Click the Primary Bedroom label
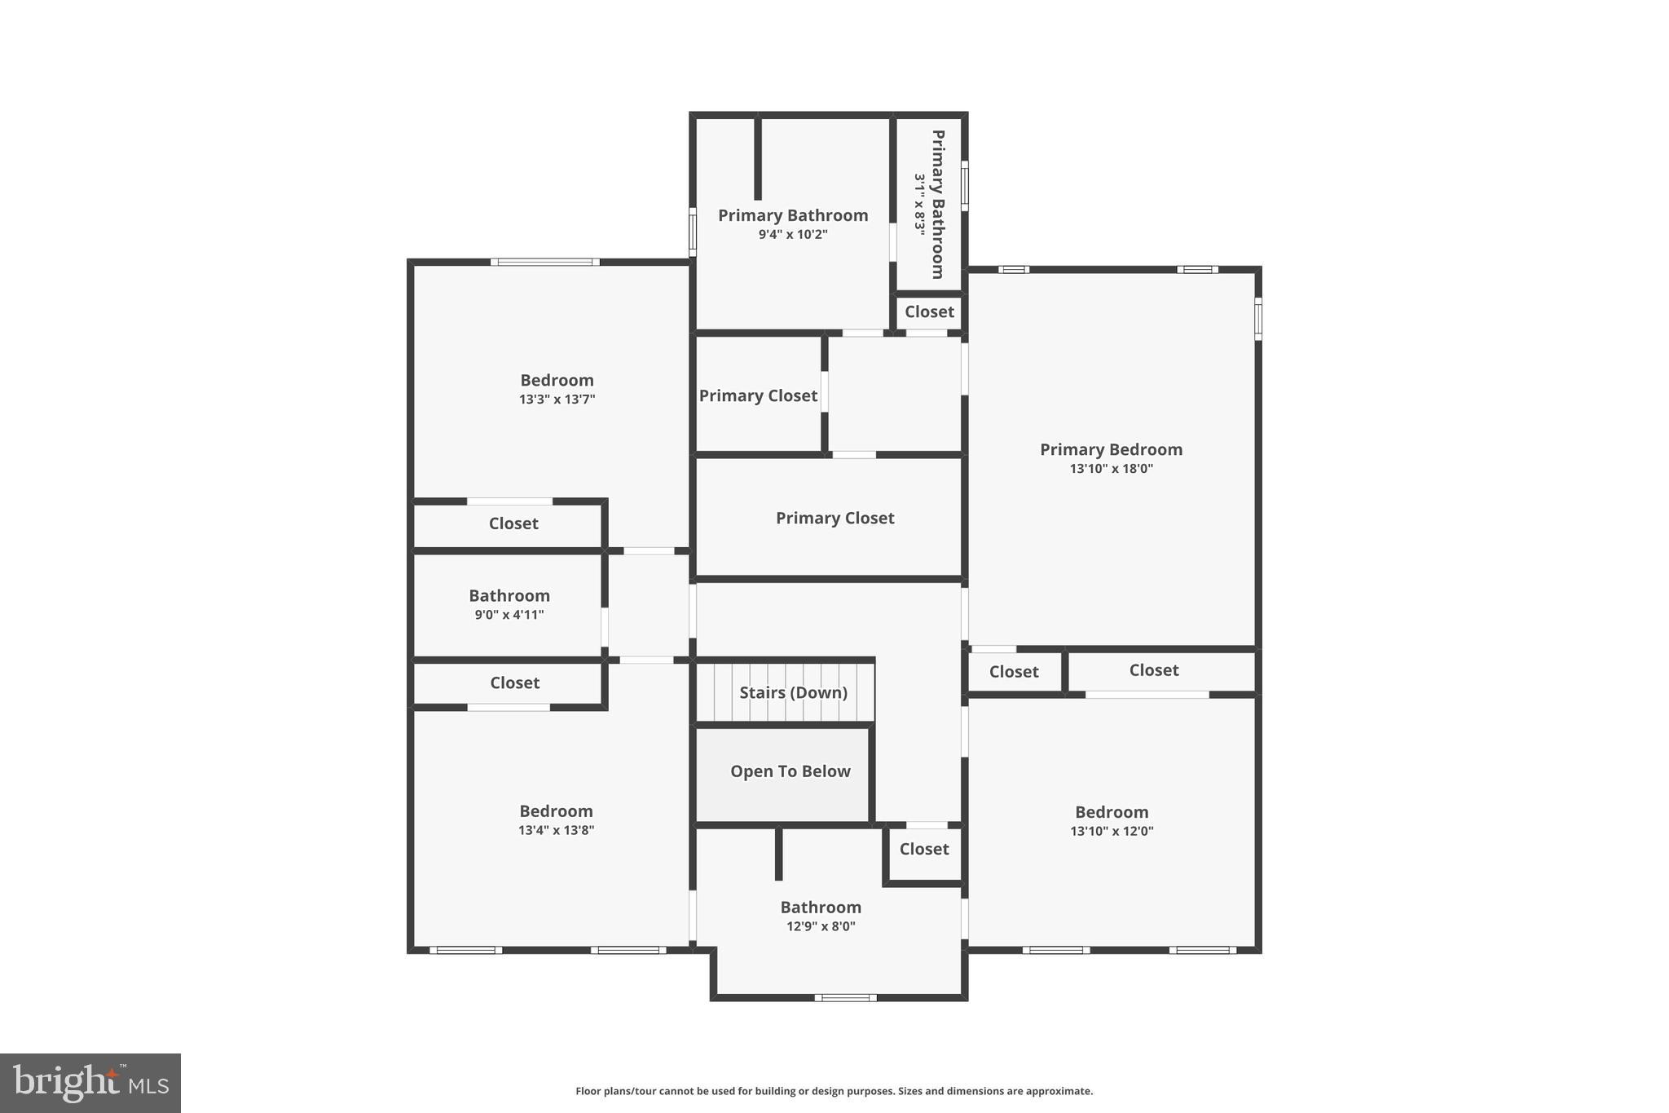coord(1111,449)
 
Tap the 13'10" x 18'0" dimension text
coord(1111,469)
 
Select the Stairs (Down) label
coord(793,692)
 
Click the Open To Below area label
coord(790,771)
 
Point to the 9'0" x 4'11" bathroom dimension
coord(509,615)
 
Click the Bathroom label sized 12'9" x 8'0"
coord(821,908)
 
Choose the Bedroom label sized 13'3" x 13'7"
coord(557,380)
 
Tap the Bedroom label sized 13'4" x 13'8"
coord(556,811)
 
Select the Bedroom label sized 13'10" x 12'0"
coord(1112,812)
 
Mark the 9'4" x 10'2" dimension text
coord(793,235)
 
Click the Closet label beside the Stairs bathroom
coord(924,849)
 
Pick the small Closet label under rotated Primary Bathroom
coord(929,311)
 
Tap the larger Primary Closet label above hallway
coord(834,518)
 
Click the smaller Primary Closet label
coord(758,395)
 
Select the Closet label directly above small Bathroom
coord(513,523)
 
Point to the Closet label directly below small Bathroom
coord(514,682)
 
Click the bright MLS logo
coord(90,1083)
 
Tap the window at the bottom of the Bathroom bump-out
coord(845,997)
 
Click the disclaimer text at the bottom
coord(834,1091)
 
